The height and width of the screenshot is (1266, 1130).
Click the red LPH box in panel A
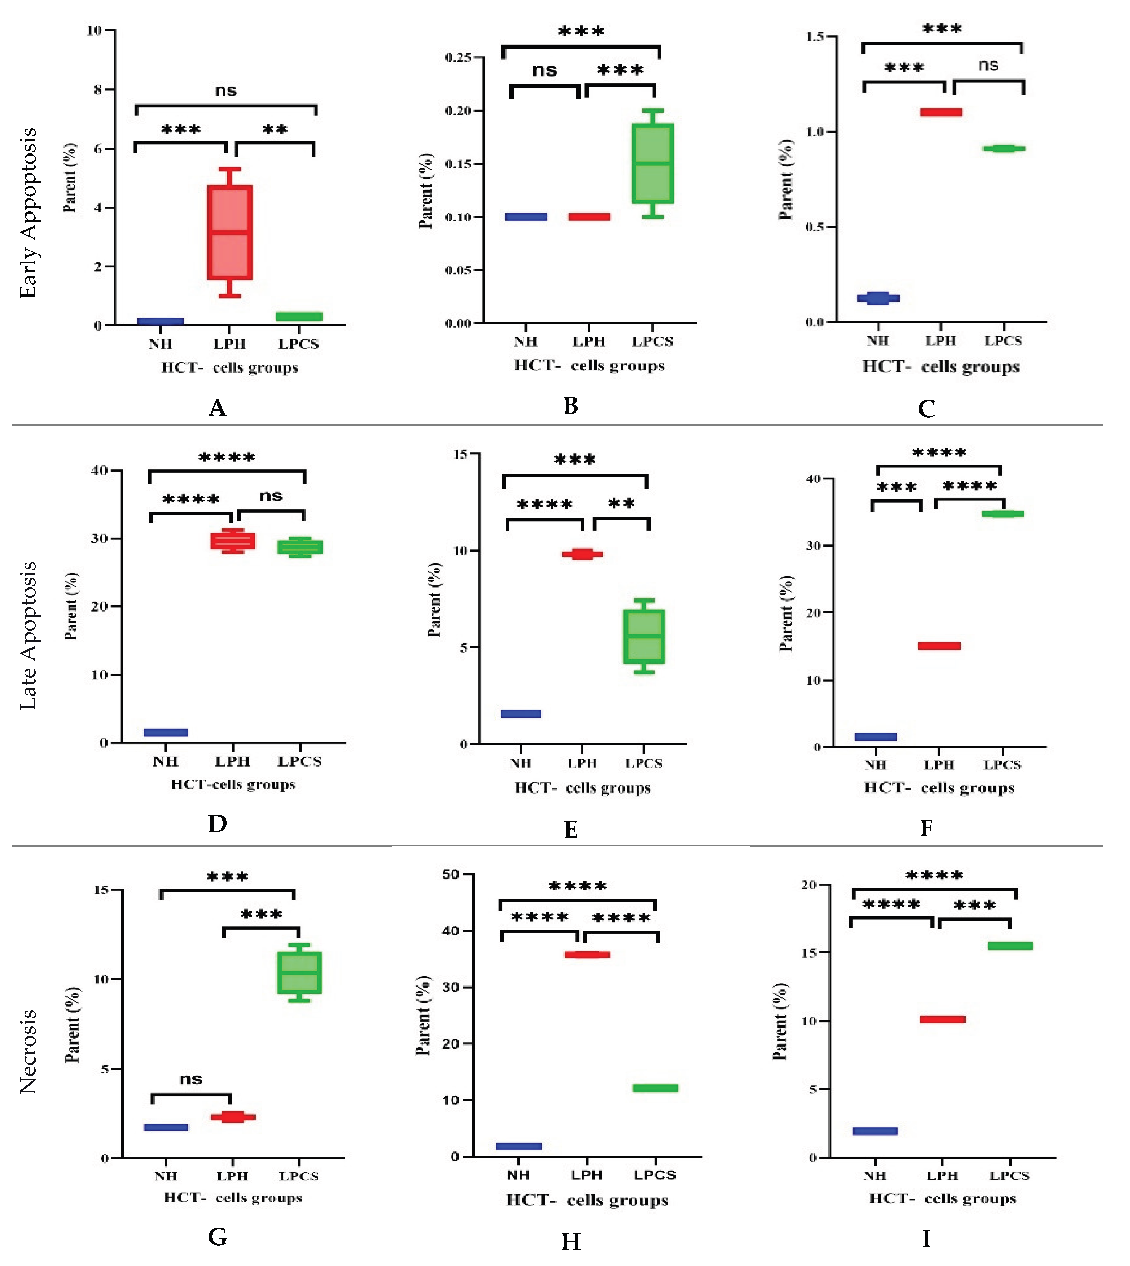point(230,232)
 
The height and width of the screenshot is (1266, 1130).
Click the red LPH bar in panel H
point(587,954)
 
